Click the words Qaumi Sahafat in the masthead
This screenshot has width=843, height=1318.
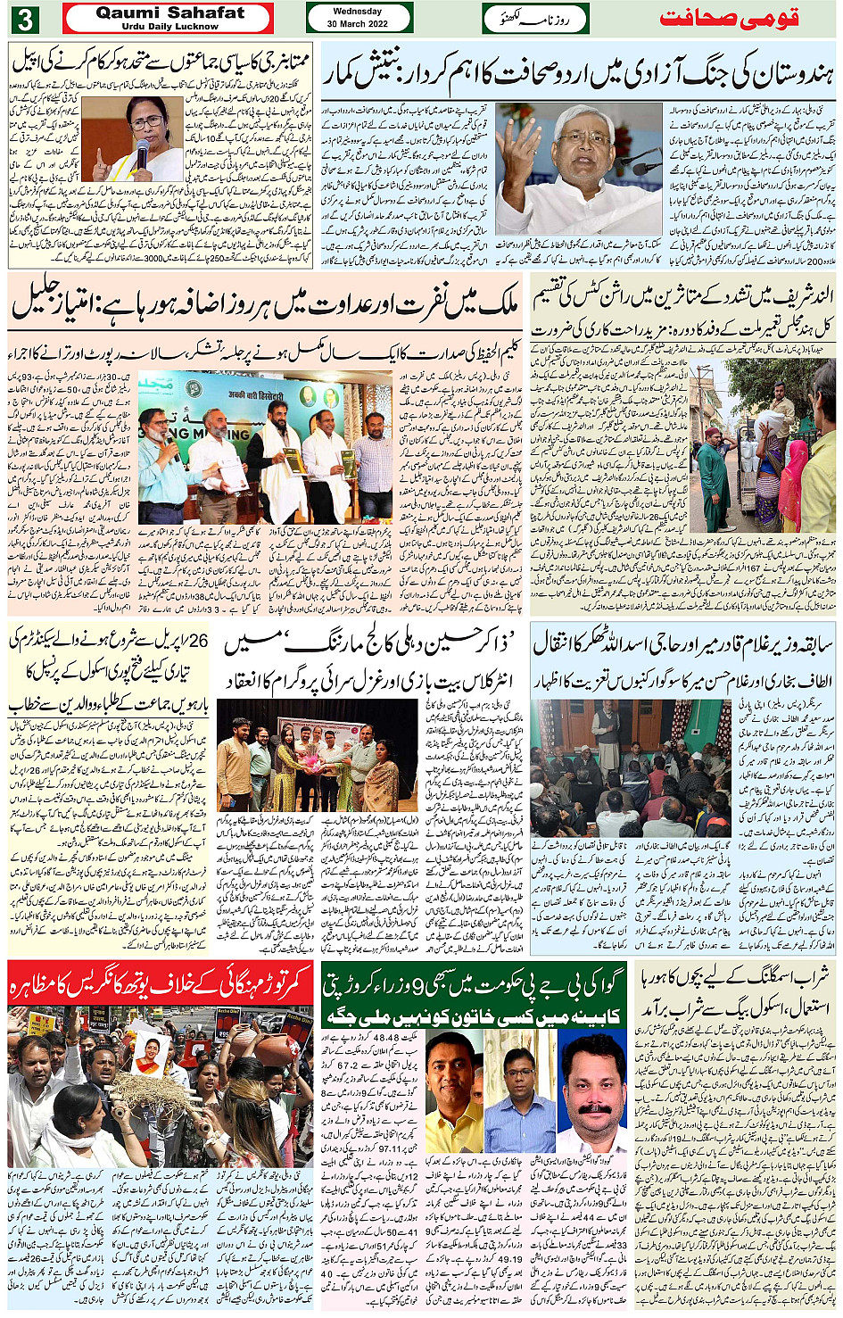coord(169,12)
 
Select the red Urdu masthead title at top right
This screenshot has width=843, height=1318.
coord(729,19)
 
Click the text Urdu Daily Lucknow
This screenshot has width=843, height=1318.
coord(169,27)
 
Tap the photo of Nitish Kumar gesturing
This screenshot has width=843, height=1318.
coord(581,169)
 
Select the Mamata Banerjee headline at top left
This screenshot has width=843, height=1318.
coord(161,62)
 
